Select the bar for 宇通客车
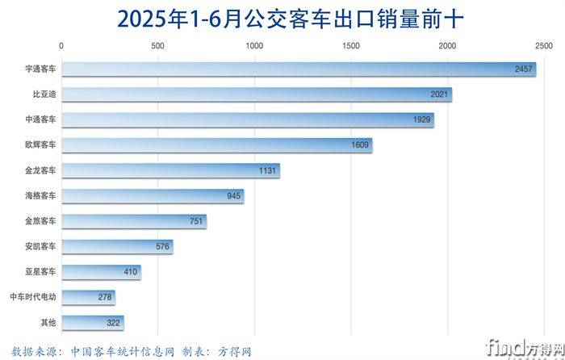[x=299, y=69]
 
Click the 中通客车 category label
[x=40, y=120]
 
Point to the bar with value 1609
[x=216, y=145]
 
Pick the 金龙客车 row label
[x=40, y=170]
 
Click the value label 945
[x=233, y=196]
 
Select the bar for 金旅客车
[x=133, y=221]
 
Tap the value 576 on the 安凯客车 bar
[x=162, y=247]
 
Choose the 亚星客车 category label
[x=40, y=272]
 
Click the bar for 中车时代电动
[x=88, y=298]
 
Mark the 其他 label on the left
[x=48, y=323]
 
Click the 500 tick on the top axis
[x=157, y=46]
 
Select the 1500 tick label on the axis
[x=350, y=46]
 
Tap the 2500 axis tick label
[x=543, y=46]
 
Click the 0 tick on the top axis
[x=62, y=46]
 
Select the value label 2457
[x=524, y=69]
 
